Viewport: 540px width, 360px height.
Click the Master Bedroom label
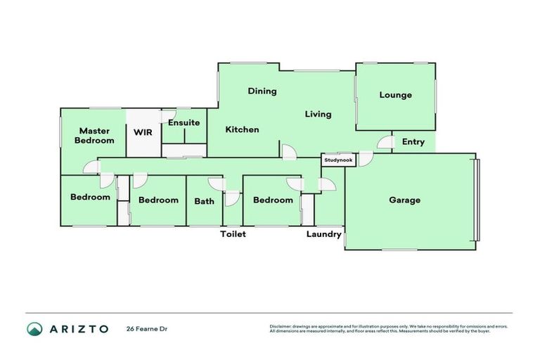point(94,136)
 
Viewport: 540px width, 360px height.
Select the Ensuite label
point(184,122)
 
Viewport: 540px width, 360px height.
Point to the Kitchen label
point(242,129)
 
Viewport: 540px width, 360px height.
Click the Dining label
point(262,91)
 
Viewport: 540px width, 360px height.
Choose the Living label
point(317,114)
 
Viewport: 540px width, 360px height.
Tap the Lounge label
point(395,95)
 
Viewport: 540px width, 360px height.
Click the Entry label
point(413,142)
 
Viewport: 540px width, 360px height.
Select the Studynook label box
point(338,160)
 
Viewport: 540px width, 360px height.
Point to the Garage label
point(404,200)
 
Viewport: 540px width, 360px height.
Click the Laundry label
point(323,234)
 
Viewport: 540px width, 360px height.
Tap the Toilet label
point(233,234)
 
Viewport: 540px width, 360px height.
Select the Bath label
point(204,201)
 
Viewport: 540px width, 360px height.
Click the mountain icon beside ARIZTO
point(34,328)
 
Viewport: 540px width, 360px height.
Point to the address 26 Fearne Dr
point(147,328)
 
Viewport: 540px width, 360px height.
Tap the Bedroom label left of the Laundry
point(273,200)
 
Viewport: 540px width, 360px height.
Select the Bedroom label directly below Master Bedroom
point(90,197)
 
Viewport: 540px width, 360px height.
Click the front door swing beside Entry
point(383,143)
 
